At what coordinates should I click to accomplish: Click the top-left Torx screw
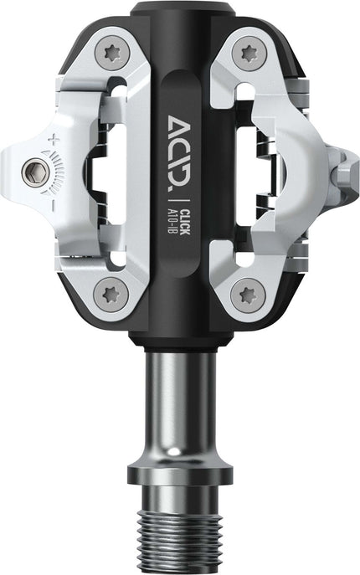(112, 54)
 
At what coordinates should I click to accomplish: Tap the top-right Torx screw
(248, 53)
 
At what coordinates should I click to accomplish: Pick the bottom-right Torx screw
(248, 294)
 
